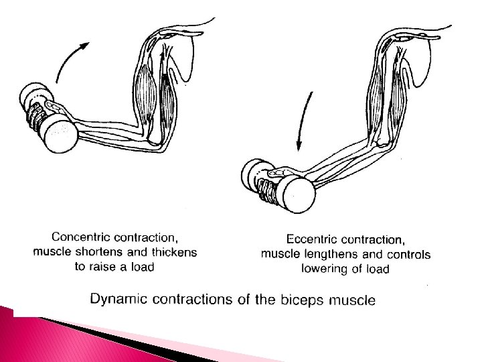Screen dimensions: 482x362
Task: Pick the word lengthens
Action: pyautogui.click(x=332, y=254)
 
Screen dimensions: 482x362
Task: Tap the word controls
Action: pyautogui.click(x=408, y=254)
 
